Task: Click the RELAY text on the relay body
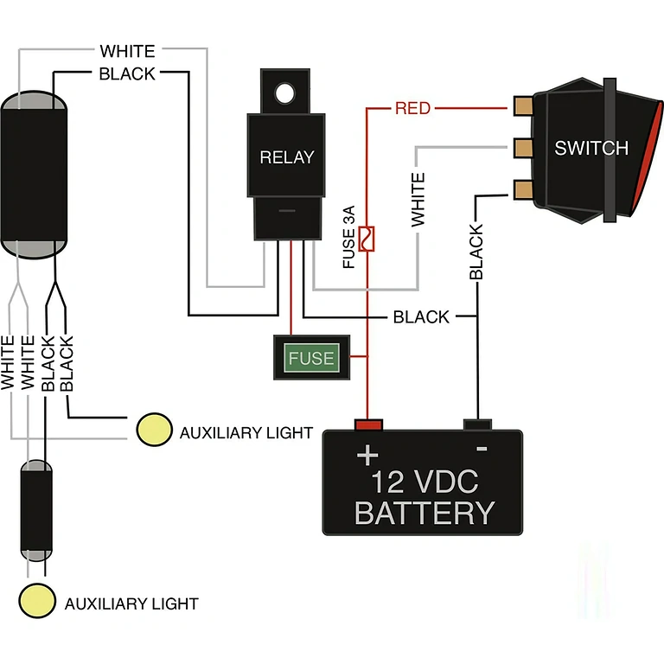[287, 157]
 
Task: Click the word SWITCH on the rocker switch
[591, 148]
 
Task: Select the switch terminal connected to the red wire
[522, 107]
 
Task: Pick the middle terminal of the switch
[522, 148]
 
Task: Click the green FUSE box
[311, 357]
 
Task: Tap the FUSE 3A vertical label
[349, 238]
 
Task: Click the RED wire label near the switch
[412, 109]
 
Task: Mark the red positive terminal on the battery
[368, 424]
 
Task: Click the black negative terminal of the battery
[477, 424]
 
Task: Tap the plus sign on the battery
[368, 454]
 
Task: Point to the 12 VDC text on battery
[424, 481]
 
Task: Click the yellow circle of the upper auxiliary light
[154, 430]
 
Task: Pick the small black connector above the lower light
[36, 511]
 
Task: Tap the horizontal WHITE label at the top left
[127, 52]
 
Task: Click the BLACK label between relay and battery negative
[421, 317]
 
